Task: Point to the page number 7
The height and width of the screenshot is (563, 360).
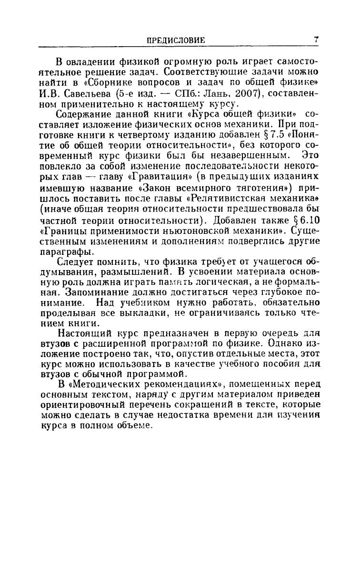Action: coord(316,40)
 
